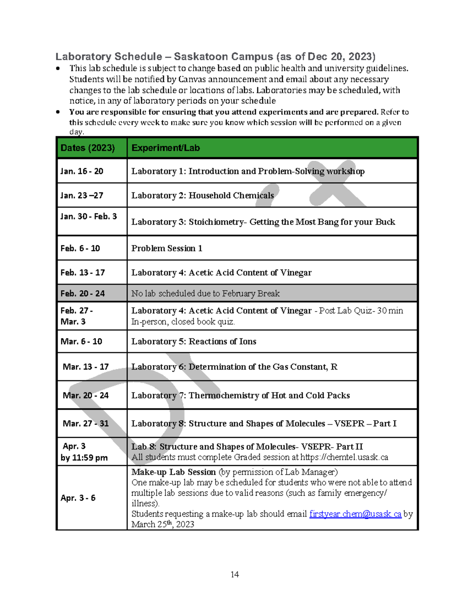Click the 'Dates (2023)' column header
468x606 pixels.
(87, 148)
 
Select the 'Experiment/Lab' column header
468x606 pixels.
(165, 148)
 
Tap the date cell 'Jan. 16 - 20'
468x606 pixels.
(82, 171)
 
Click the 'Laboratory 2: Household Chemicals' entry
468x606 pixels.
(202, 195)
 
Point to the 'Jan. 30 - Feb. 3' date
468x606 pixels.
(89, 216)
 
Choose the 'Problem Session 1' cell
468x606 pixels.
(167, 248)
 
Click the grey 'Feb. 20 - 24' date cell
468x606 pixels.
(83, 293)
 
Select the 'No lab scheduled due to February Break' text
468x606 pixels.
(205, 293)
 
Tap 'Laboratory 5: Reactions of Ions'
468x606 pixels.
(193, 341)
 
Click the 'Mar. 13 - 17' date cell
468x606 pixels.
(85, 367)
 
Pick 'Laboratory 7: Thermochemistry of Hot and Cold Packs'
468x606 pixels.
(240, 395)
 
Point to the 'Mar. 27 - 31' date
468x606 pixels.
(85, 423)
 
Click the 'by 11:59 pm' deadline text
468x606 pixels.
(84, 458)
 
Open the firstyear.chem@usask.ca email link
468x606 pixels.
(355, 514)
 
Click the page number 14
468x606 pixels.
(234, 574)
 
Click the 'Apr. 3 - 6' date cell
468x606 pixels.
(78, 498)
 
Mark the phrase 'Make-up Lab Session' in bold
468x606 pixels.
(173, 472)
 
